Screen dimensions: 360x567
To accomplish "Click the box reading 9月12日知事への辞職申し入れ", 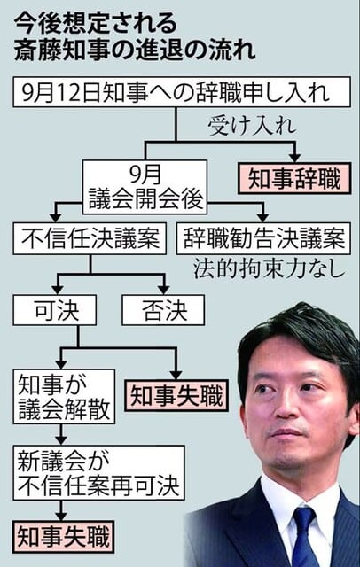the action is (x=182, y=92).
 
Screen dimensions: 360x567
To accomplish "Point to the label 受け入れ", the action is (x=252, y=126).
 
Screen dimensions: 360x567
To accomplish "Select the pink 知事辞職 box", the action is (x=294, y=179).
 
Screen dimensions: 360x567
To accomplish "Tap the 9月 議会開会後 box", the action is (x=145, y=187).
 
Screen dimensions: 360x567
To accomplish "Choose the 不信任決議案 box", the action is (x=90, y=238).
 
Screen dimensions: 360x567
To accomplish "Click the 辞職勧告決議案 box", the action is (x=263, y=238).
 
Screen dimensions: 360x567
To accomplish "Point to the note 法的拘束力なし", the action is (x=270, y=268).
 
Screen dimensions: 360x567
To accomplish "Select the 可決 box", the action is (x=55, y=310).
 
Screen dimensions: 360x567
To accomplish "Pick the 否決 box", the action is (x=163, y=310).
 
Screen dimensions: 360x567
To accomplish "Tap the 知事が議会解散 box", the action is (x=64, y=396).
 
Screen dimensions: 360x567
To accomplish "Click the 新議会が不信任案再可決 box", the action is (x=98, y=472).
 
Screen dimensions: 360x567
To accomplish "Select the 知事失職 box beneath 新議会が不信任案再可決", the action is (x=64, y=537).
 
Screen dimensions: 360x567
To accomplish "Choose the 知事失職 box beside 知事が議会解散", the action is (x=176, y=396).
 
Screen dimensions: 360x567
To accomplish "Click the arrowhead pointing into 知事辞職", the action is (x=295, y=158).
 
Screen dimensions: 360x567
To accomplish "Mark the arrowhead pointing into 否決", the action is (x=164, y=290).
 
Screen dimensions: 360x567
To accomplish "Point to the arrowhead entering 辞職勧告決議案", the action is (x=263, y=217).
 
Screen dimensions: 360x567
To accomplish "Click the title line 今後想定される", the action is (x=96, y=25).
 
